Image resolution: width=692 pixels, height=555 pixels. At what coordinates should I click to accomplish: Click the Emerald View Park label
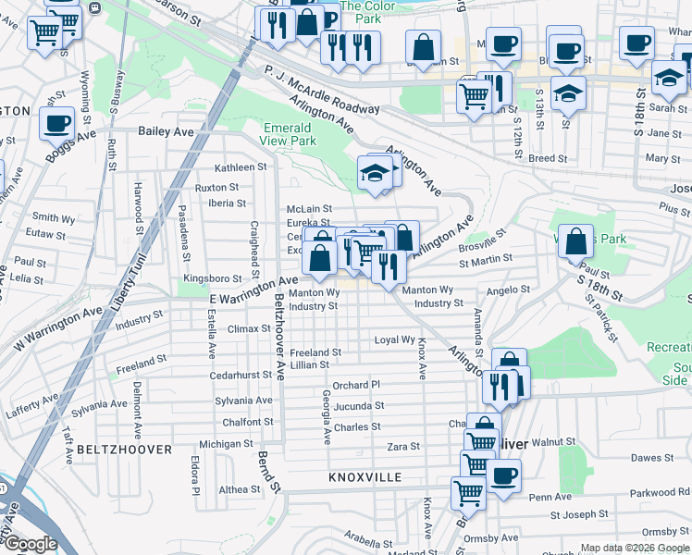click(290, 134)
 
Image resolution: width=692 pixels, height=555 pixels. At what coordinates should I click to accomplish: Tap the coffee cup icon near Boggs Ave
click(56, 123)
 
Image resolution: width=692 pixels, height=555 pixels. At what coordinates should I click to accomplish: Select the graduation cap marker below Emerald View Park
click(374, 173)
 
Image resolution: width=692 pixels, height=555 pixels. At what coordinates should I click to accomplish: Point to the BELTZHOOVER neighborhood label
click(124, 449)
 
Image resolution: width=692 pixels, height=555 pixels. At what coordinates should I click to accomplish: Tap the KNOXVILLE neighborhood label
click(365, 476)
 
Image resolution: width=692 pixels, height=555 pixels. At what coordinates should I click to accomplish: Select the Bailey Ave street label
click(166, 132)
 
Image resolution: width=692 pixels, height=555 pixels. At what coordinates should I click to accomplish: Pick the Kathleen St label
click(241, 167)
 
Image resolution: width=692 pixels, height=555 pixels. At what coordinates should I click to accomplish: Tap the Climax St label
click(249, 328)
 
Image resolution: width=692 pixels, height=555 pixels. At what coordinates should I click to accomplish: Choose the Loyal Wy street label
click(394, 340)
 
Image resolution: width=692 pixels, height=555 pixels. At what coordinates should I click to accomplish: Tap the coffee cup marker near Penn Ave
click(503, 477)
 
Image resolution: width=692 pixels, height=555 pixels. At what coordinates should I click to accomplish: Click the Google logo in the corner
click(30, 544)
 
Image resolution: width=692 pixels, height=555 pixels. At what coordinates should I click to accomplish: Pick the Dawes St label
click(652, 458)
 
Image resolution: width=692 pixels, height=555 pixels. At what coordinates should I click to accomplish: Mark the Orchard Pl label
click(356, 385)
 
